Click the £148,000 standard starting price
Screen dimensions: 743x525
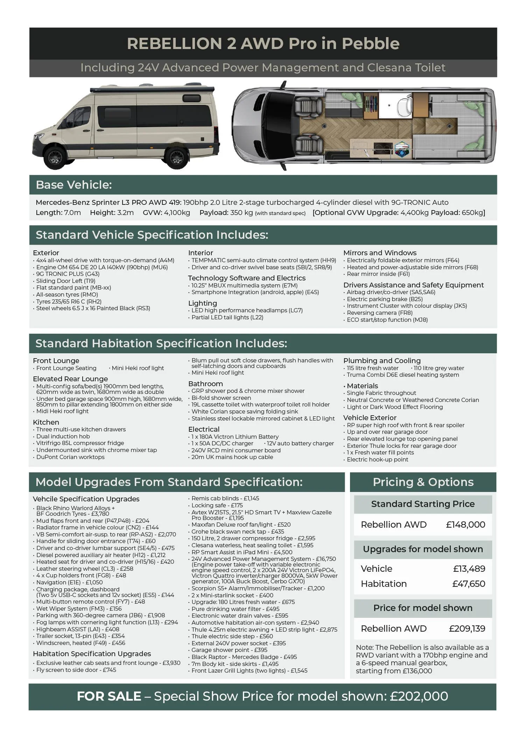(x=465, y=525)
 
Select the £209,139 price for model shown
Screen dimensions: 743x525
(x=467, y=629)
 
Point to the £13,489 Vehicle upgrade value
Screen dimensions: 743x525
(x=469, y=569)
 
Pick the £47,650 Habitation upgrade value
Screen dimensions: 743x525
(x=469, y=584)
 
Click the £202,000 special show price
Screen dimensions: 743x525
(x=419, y=696)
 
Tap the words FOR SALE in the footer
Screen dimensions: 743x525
(x=109, y=696)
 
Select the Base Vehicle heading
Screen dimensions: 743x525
(x=73, y=185)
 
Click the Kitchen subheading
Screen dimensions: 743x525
(x=46, y=422)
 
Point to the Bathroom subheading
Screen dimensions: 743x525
(x=205, y=384)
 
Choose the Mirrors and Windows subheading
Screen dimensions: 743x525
(x=380, y=253)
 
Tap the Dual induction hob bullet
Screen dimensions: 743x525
(x=63, y=436)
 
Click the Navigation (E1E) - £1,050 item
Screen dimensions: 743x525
(x=69, y=582)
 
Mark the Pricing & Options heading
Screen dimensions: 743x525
(x=423, y=482)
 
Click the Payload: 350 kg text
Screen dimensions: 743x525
(x=226, y=213)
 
